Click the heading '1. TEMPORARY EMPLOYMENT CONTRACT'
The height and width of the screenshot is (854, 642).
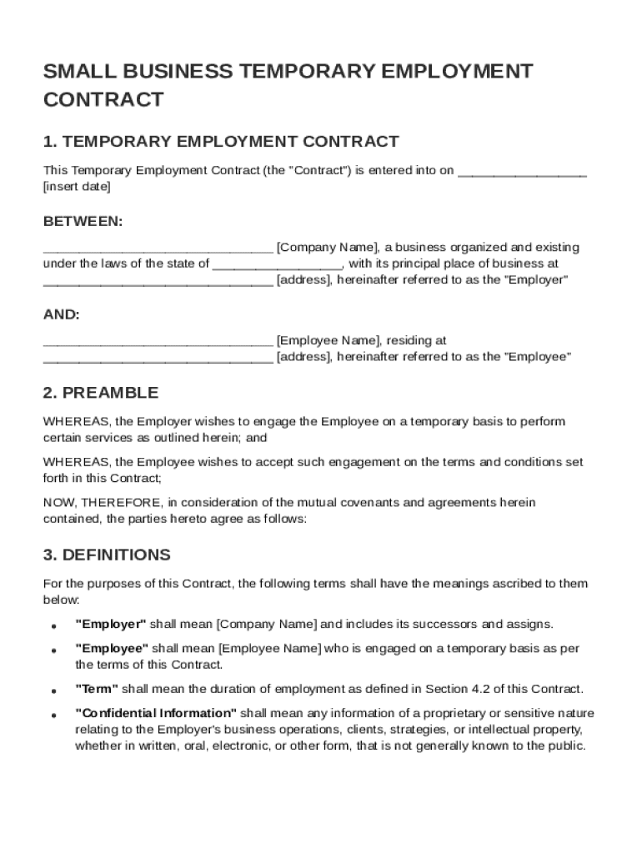coord(221,142)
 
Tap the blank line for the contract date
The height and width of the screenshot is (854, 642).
coord(522,172)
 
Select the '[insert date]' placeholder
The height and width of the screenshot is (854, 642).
coord(77,187)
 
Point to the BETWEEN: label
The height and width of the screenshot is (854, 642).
coord(83,222)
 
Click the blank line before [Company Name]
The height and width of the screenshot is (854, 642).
coord(158,249)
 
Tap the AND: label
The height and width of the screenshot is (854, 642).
coord(62,314)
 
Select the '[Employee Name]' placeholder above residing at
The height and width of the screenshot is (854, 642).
coord(327,340)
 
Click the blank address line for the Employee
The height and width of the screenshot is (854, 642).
coord(158,359)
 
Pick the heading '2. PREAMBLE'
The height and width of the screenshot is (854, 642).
coord(101,393)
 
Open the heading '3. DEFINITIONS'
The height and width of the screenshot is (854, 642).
coord(107,555)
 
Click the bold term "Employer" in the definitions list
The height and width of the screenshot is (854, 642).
coord(111,624)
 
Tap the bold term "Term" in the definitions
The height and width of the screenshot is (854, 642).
coord(97,689)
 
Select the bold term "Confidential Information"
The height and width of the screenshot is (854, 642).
coord(157,713)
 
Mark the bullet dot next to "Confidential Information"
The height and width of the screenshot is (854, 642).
coord(53,716)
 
